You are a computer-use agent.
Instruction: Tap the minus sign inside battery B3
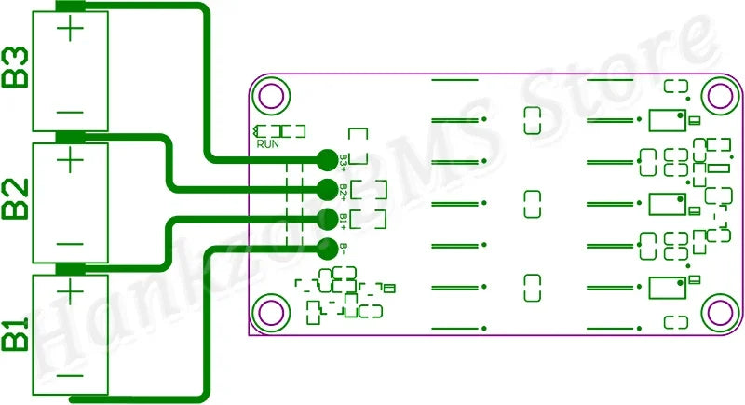pos(72,112)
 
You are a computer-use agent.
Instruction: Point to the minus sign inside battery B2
pos(72,244)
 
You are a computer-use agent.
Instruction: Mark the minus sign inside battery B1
pos(72,377)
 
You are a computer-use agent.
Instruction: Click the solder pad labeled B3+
pos(327,160)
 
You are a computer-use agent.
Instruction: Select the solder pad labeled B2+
pos(327,190)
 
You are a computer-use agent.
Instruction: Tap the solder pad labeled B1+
pos(327,219)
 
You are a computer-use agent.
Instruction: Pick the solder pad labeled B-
pos(327,249)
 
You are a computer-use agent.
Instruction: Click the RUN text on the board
pos(267,143)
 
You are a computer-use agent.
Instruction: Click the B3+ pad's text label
pos(344,161)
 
